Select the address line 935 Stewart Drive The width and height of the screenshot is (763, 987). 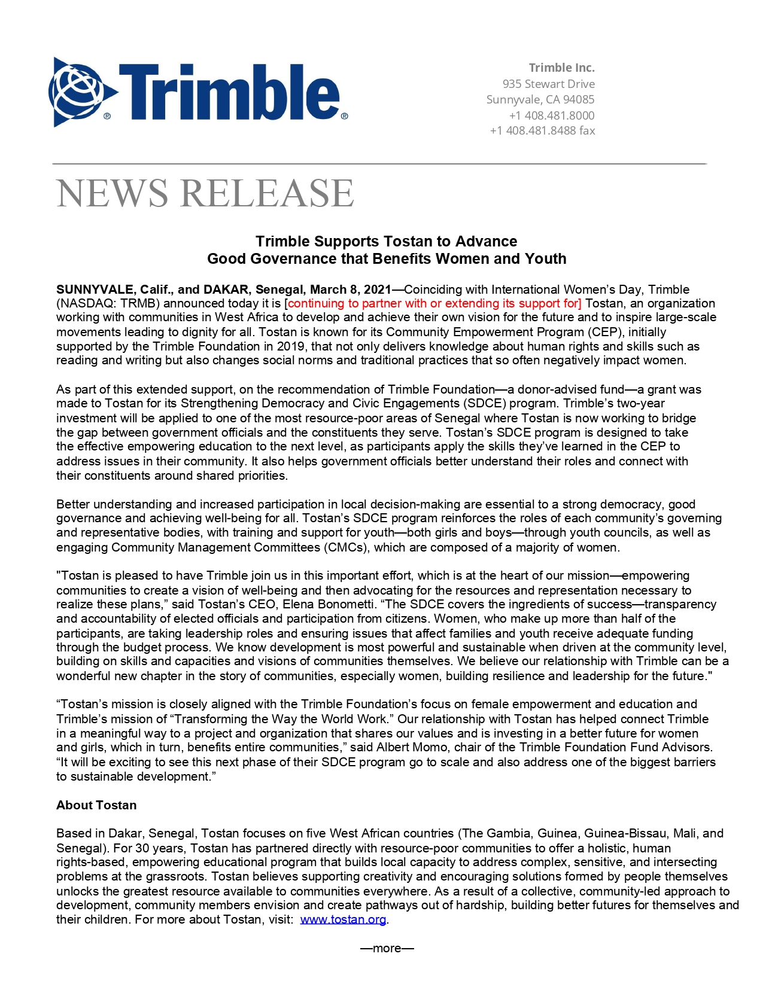coord(548,84)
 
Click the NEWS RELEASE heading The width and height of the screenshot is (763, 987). coord(205,193)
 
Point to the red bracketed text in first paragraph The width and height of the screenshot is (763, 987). coord(433,303)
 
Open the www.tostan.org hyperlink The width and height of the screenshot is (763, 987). coord(343,919)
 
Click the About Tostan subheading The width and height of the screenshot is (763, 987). coord(96,805)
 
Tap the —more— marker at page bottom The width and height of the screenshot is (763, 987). coord(387,948)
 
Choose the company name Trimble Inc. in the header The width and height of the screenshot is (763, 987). coord(561,68)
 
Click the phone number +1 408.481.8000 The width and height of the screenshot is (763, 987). coord(552,115)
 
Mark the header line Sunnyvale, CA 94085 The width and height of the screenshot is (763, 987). coord(540,99)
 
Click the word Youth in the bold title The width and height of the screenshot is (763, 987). coord(545,259)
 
